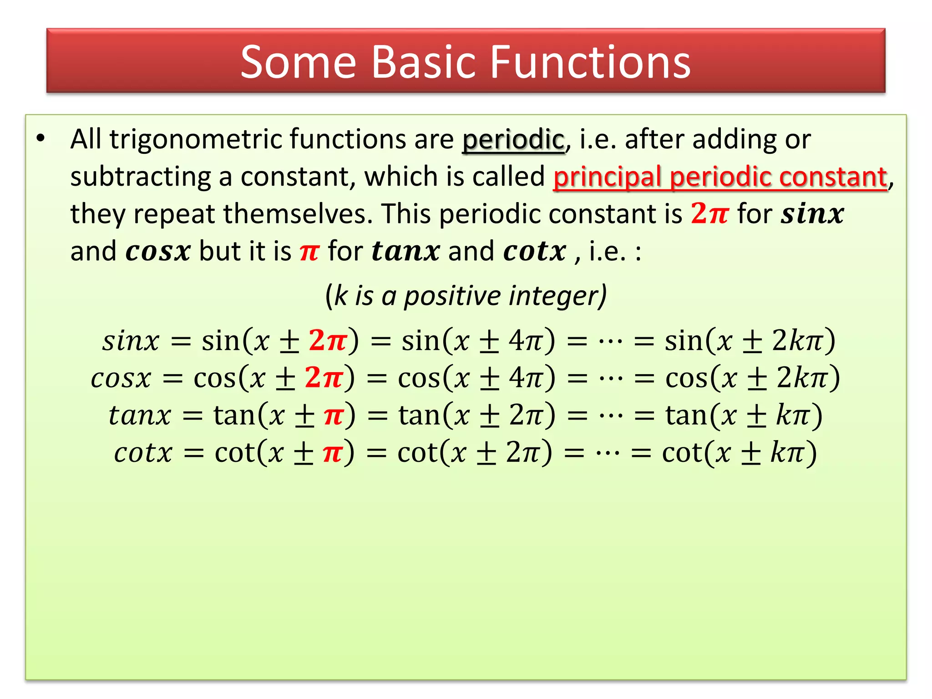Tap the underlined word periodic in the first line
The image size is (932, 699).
[x=513, y=140]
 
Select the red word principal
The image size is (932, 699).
[x=607, y=177]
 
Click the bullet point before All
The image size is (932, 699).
[x=41, y=138]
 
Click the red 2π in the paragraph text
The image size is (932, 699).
[x=709, y=213]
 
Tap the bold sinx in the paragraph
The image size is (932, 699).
[x=812, y=213]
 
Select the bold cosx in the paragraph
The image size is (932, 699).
[x=157, y=251]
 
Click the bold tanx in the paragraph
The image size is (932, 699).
[x=405, y=251]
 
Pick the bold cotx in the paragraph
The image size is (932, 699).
[x=535, y=251]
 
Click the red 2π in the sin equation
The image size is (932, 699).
[x=328, y=340]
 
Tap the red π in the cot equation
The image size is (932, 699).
[x=333, y=453]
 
